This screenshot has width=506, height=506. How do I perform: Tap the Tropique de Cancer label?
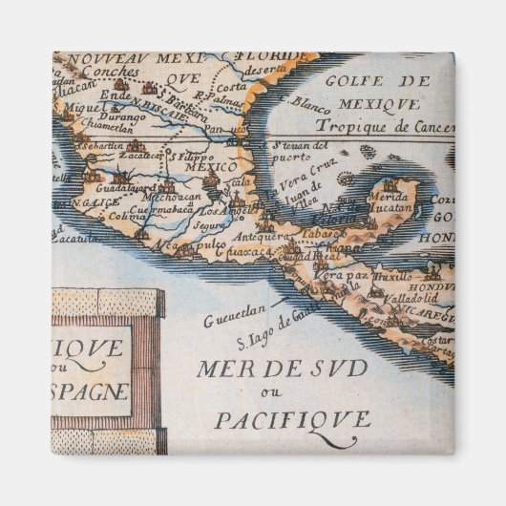point(382,127)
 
